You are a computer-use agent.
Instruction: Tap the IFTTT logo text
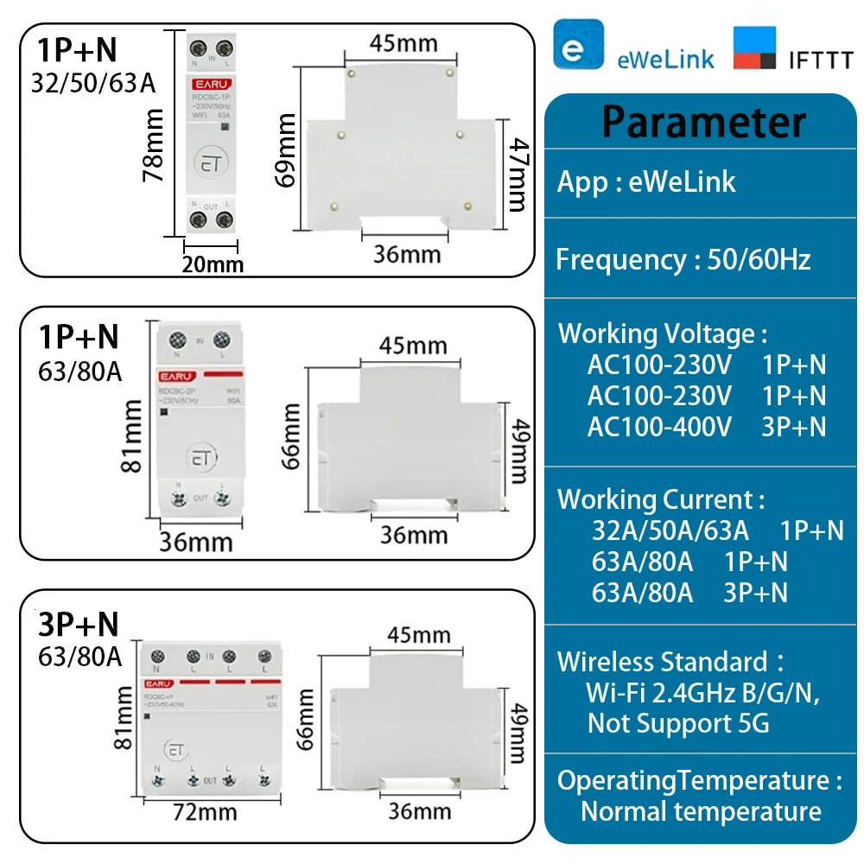820,59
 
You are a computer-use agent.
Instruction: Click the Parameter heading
703,122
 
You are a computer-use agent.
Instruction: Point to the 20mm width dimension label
213,264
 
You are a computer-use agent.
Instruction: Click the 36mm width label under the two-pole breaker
196,542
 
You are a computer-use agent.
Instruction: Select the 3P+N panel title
79,624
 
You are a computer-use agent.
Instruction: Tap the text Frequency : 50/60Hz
683,259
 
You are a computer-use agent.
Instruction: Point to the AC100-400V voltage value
659,426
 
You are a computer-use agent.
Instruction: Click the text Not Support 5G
677,723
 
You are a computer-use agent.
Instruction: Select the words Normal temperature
701,811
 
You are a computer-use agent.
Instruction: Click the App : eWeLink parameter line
646,181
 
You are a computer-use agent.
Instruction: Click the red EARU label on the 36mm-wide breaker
176,376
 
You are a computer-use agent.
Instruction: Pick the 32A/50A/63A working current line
670,530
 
